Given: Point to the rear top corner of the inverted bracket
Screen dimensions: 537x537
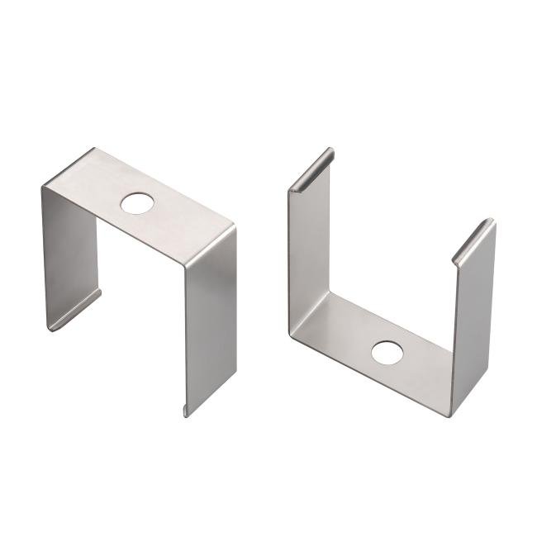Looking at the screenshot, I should [x=93, y=150].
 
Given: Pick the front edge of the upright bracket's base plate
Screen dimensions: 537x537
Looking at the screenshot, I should [x=372, y=380].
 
